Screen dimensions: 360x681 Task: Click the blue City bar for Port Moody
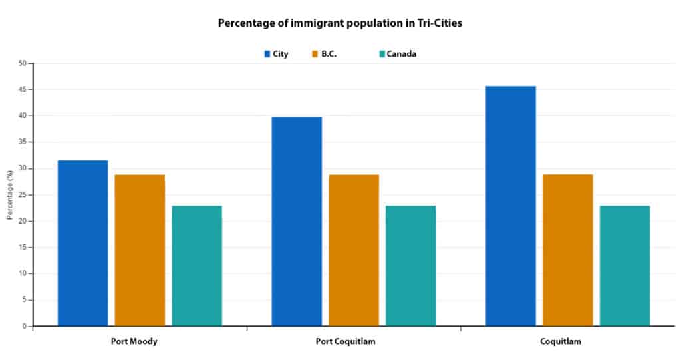point(83,243)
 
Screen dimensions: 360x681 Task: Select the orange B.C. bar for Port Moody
point(140,250)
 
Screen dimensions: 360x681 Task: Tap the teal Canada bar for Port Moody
point(197,266)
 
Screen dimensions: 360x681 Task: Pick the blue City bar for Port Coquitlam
point(297,222)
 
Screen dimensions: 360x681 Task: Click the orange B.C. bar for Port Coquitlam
point(354,250)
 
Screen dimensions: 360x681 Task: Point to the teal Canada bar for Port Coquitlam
point(410,266)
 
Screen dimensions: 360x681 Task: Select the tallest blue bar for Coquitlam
point(511,206)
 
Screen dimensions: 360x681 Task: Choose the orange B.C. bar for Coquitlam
point(568,250)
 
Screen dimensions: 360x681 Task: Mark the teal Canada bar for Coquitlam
point(624,266)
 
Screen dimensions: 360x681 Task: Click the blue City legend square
point(267,54)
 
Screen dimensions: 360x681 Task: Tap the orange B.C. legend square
point(315,54)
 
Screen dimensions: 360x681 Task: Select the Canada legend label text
point(402,54)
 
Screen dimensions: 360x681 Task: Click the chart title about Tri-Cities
point(340,23)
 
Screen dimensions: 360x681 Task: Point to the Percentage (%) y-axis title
point(10,194)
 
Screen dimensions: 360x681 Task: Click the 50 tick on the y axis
point(23,63)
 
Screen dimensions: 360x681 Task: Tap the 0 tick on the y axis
point(25,326)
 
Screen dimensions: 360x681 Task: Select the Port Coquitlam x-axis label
point(353,341)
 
